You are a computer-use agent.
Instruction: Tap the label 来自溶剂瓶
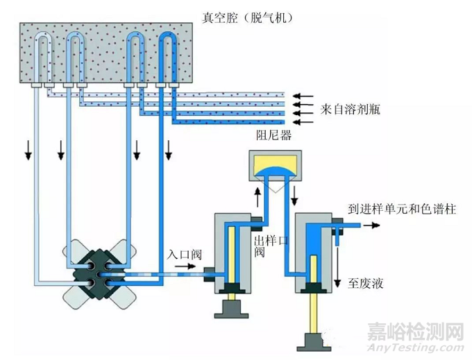point(351,109)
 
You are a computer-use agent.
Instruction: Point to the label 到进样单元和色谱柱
point(402,209)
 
